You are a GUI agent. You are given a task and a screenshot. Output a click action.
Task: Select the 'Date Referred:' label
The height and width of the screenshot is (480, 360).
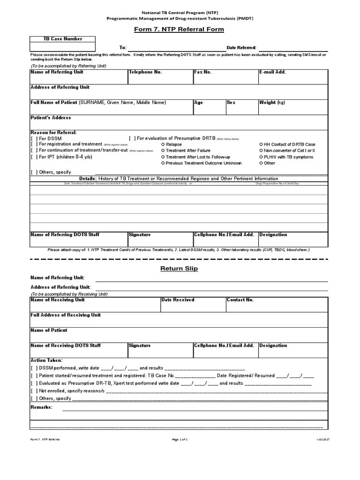[241, 48]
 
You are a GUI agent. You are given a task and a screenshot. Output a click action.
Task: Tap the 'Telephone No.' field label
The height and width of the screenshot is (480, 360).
[145, 72]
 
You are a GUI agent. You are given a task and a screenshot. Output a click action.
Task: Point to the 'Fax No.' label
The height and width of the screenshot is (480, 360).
[203, 72]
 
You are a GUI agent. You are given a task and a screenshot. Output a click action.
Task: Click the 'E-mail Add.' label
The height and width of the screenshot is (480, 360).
[272, 72]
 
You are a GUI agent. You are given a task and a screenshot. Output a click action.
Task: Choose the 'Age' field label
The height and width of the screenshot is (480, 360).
[199, 103]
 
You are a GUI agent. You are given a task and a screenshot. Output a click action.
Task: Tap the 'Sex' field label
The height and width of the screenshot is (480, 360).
[231, 103]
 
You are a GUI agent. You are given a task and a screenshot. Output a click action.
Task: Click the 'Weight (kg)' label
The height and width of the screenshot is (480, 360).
[272, 103]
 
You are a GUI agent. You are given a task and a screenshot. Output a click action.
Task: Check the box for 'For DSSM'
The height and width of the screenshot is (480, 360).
[33, 139]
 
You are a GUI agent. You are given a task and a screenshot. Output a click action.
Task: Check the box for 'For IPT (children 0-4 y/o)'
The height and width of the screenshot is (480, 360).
[33, 157]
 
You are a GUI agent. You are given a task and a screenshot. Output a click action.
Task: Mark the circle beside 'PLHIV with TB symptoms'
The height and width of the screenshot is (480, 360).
[261, 157]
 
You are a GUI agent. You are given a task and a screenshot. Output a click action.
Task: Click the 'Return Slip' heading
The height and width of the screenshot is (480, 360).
[179, 269]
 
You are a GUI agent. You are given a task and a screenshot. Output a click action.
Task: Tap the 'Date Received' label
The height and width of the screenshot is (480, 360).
[178, 300]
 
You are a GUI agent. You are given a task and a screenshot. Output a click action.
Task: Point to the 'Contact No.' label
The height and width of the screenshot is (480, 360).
[240, 300]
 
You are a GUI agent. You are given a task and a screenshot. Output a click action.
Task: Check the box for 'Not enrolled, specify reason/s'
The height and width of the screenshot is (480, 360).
[33, 391]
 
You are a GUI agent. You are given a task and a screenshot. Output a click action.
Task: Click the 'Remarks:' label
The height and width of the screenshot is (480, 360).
[42, 407]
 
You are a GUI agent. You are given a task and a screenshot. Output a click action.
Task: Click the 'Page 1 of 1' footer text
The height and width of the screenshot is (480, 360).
[180, 439]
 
